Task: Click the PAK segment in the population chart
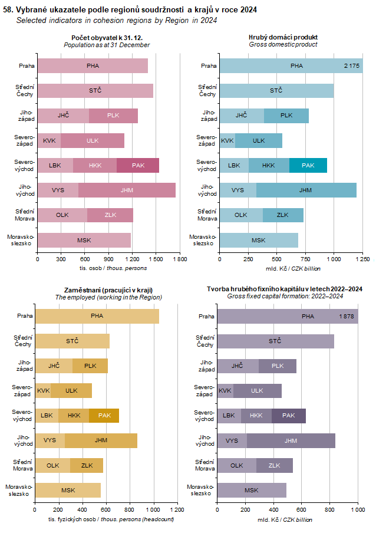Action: pyautogui.click(x=138, y=166)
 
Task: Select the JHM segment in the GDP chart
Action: pyautogui.click(x=306, y=190)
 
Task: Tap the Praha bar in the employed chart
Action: pyautogui.click(x=97, y=316)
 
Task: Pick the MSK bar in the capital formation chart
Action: pyautogui.click(x=252, y=490)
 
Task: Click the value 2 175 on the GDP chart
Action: pyautogui.click(x=352, y=65)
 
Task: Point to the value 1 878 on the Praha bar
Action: pyautogui.click(x=347, y=317)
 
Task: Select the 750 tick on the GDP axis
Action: pyautogui.click(x=305, y=259)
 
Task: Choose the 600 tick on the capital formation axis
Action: pyautogui.click(x=301, y=510)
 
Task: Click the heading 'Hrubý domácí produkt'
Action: pyautogui.click(x=283, y=37)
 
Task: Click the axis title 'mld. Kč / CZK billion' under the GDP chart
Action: pyautogui.click(x=285, y=268)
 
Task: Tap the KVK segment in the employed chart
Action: pyautogui.click(x=43, y=390)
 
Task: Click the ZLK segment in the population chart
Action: pyautogui.click(x=110, y=215)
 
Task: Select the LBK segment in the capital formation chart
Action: pyautogui.click(x=229, y=416)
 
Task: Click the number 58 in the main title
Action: pyautogui.click(x=7, y=10)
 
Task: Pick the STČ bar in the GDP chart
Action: pyautogui.click(x=276, y=90)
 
